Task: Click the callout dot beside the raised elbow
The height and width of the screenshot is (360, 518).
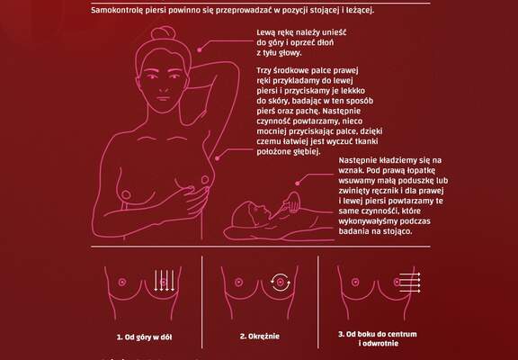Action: pyautogui.click(x=200, y=49)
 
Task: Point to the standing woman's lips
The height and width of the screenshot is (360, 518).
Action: pyautogui.click(x=163, y=98)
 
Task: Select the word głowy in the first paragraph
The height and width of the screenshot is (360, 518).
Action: pyautogui.click(x=290, y=53)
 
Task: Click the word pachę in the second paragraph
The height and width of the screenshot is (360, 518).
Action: pyautogui.click(x=335, y=111)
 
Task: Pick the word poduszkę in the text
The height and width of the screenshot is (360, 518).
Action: pyautogui.click(x=417, y=181)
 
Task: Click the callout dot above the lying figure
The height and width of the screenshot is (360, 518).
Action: pyautogui.click(x=298, y=183)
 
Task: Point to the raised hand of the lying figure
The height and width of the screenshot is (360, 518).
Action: pyautogui.click(x=291, y=201)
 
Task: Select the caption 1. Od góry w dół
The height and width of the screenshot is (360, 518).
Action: pyautogui.click(x=145, y=337)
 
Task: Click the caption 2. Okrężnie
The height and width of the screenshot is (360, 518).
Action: pyautogui.click(x=260, y=337)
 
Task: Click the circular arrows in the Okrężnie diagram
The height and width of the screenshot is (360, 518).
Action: pyautogui.click(x=281, y=282)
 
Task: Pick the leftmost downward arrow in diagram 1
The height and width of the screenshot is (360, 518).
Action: pyautogui.click(x=156, y=280)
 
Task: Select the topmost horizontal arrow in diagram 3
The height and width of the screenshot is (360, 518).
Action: pyautogui.click(x=410, y=274)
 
